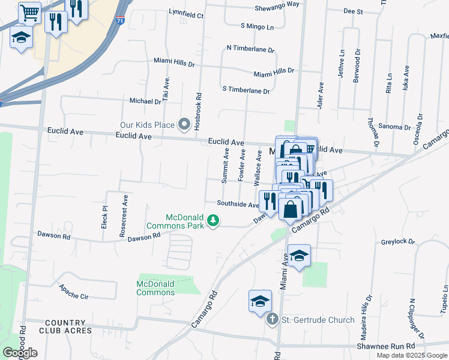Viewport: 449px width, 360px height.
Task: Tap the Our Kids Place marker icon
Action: [184, 125]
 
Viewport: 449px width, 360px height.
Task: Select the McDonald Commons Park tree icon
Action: [212, 222]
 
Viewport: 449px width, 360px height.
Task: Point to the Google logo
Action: [20, 352]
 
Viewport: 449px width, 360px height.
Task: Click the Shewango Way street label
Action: [277, 4]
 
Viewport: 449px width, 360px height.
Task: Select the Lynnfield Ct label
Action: [186, 12]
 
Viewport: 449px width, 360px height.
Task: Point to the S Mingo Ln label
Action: [256, 26]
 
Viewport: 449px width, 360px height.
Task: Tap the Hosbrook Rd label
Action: [197, 104]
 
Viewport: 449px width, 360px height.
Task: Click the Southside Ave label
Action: [238, 204]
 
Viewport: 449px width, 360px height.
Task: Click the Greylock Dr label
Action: [398, 242]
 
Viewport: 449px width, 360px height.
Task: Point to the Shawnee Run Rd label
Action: [385, 346]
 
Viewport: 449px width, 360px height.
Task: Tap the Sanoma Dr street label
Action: [394, 127]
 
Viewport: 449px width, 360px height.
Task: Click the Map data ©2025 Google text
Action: [411, 355]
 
